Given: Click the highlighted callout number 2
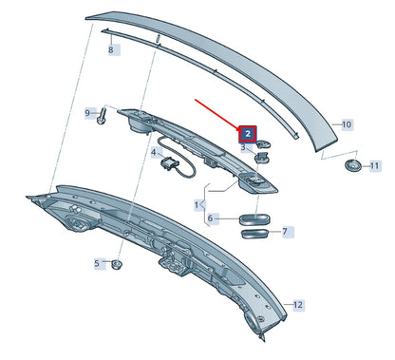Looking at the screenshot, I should coord(245,135).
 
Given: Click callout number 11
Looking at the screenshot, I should coord(373,165).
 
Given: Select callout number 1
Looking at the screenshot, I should coord(198,204).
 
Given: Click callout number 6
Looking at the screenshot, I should coord(214,218).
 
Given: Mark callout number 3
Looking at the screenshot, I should coord(245,148).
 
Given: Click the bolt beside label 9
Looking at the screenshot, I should coord(101,117).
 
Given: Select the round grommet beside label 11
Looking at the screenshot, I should coord(354,167).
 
